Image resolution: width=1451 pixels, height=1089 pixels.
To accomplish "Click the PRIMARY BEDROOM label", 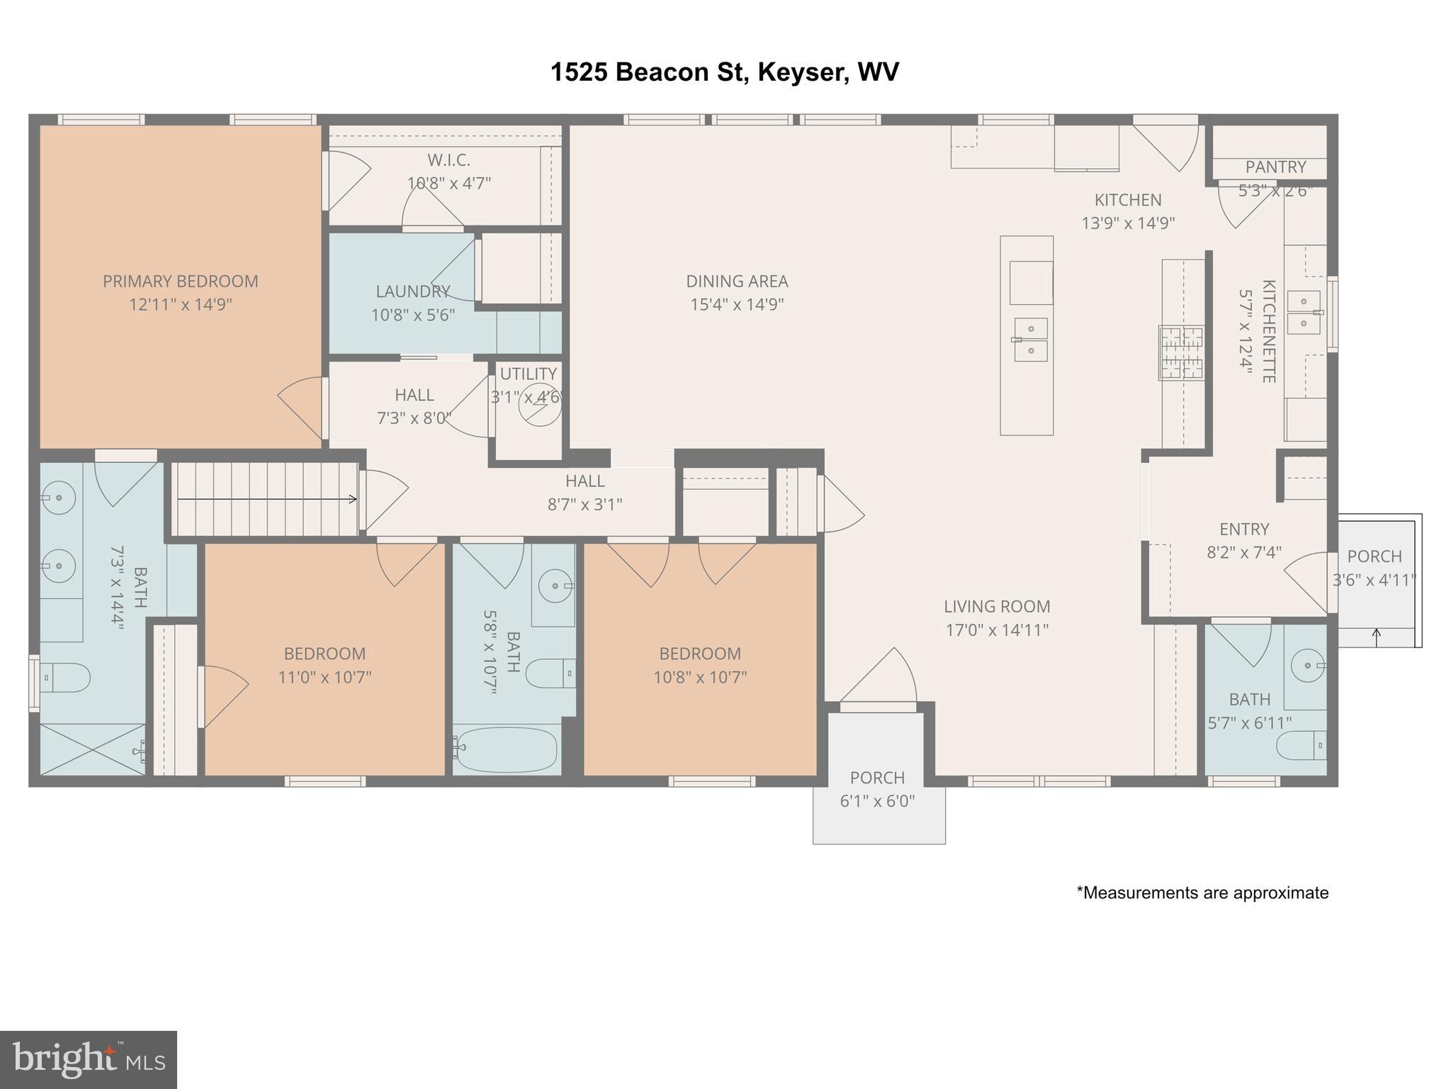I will pos(180,281).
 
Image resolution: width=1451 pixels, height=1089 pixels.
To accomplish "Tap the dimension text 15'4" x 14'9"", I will pos(737,305).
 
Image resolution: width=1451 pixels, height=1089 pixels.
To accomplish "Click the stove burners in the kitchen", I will pos(1181,352).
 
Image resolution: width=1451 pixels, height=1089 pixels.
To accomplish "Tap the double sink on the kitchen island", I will pos(1031,340).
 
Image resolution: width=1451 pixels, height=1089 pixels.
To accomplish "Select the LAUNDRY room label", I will pos(412,291).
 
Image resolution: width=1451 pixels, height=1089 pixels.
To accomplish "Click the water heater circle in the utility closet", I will pos(539,404).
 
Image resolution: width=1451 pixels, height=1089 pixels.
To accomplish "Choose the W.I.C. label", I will pos(448,160).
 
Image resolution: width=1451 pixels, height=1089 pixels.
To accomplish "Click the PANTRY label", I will pos(1275,167).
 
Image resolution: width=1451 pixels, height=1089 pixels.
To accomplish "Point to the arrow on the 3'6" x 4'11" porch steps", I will pos(1377,637).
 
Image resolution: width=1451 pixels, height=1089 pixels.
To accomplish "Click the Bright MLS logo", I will pos(88,1060).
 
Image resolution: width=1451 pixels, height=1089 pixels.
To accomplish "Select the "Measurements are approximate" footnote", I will pos(1202,893).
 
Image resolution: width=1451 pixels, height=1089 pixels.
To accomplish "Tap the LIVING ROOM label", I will pos(996,607).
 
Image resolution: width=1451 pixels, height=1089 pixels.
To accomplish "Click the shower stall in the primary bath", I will pos(92,749).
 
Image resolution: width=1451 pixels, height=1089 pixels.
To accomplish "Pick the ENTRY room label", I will pos(1243,530).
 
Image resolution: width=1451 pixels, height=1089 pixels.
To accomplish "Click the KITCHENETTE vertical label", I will pos(1268,331).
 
